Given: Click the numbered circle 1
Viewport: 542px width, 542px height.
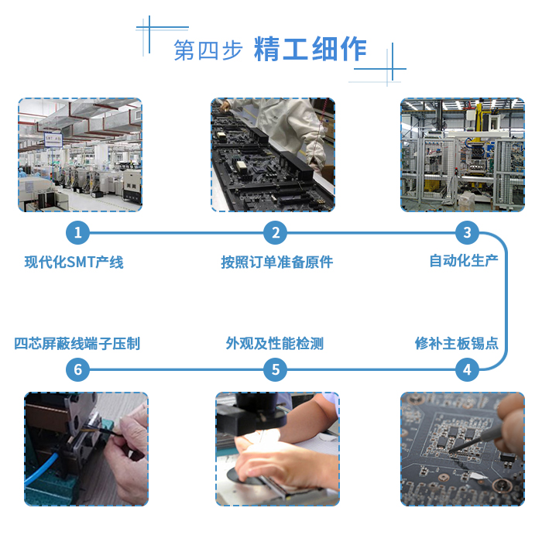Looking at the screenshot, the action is [x=77, y=232].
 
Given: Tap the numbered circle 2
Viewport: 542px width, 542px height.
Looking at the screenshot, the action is [x=275, y=232].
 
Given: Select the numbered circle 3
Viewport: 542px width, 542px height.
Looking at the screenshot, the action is [x=467, y=232].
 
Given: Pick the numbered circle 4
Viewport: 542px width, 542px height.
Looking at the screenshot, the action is [x=467, y=369].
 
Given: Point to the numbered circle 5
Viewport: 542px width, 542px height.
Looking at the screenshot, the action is [x=275, y=369].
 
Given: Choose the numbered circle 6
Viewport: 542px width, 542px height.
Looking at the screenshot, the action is [x=77, y=369].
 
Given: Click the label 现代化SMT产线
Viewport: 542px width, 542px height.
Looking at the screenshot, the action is [x=74, y=262].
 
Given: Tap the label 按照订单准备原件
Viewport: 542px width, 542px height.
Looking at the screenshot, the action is [x=277, y=262].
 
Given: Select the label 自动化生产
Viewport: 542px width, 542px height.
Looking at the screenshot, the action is [x=464, y=261].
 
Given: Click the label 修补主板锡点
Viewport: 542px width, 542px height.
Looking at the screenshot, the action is [x=457, y=343].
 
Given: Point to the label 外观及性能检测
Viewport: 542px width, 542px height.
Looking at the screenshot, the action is [x=275, y=343].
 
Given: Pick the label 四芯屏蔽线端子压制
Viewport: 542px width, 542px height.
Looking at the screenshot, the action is [x=77, y=343].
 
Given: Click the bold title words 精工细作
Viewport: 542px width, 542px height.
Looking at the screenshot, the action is [x=310, y=50].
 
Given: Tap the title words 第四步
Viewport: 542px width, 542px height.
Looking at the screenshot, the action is [x=208, y=50].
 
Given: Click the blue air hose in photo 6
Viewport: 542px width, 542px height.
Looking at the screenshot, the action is [x=42, y=468].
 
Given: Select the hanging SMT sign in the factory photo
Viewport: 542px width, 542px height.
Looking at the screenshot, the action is [x=53, y=139].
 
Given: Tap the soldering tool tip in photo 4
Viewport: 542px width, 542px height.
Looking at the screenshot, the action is [x=451, y=451].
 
